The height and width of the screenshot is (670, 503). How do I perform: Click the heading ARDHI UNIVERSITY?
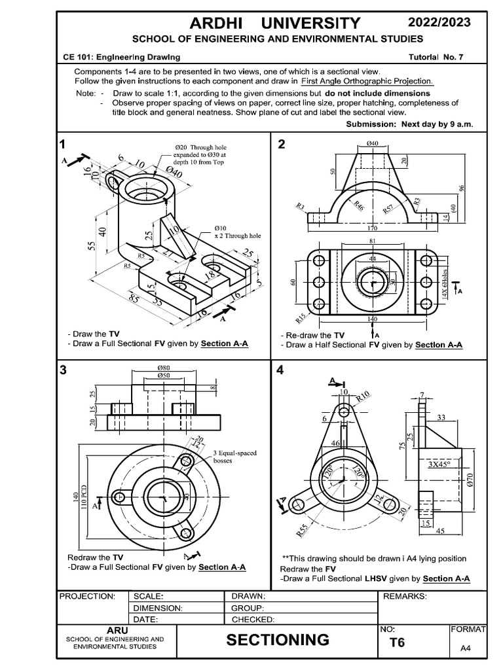[x=275, y=24]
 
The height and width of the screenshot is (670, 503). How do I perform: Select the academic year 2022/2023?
[x=439, y=23]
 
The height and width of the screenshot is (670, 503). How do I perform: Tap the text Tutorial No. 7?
[x=436, y=57]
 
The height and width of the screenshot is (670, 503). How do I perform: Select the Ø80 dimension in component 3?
[x=164, y=368]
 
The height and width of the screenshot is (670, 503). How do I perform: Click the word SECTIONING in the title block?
[x=278, y=639]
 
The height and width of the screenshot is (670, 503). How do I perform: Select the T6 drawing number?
[x=397, y=643]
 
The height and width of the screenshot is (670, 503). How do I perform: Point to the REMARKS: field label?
[x=405, y=596]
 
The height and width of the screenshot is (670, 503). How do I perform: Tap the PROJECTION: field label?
[x=87, y=596]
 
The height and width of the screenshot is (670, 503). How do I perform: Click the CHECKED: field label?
[x=253, y=619]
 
